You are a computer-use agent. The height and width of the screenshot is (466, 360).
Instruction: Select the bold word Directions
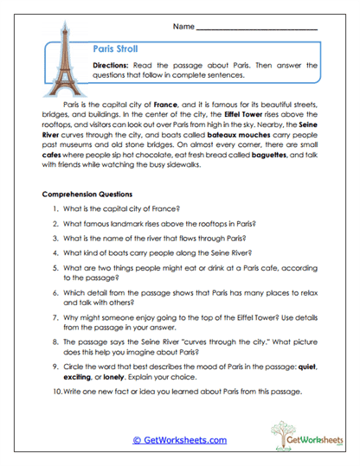(113, 65)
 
